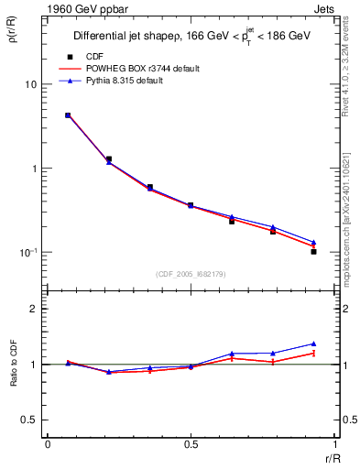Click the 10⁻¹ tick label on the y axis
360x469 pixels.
click(x=27, y=252)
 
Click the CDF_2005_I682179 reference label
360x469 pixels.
click(x=190, y=274)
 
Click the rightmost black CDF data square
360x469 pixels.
click(x=313, y=251)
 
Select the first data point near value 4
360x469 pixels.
click(x=68, y=115)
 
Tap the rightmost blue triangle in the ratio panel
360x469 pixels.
click(x=313, y=344)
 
